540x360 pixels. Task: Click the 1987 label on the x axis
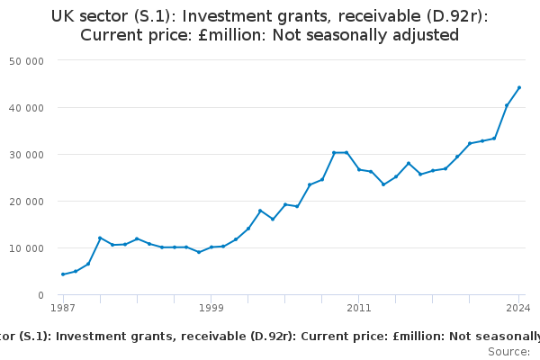[x=63, y=308]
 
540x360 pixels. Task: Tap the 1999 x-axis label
[x=211, y=308]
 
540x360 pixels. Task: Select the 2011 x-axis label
[x=359, y=308]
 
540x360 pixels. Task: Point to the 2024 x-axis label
[x=519, y=308]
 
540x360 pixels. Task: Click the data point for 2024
[x=519, y=87]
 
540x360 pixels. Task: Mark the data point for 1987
[x=63, y=274]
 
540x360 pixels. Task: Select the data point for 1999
[x=211, y=247]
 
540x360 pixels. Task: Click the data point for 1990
[x=100, y=238]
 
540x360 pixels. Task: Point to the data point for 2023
[x=507, y=105]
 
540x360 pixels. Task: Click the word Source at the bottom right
[x=508, y=351]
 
